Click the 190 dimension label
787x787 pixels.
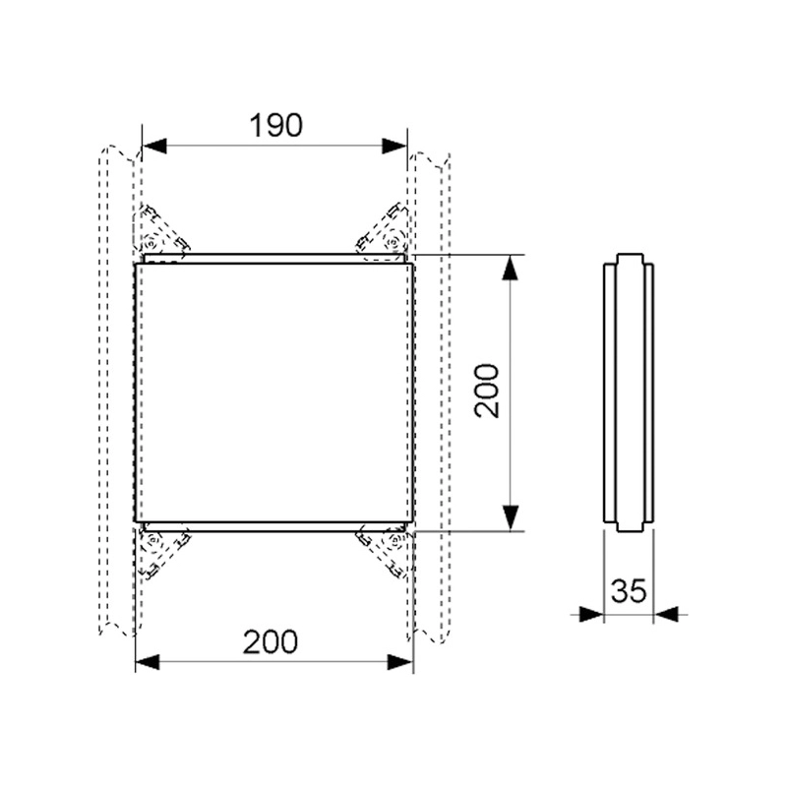(276, 126)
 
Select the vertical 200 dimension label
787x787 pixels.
(487, 391)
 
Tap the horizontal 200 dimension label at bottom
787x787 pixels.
(270, 642)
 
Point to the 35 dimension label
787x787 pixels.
(629, 591)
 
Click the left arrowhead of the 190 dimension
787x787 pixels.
(154, 146)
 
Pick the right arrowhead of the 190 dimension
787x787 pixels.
(394, 146)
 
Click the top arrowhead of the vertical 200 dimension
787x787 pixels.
(511, 267)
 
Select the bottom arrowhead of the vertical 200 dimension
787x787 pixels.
(511, 518)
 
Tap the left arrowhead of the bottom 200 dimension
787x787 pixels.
(148, 662)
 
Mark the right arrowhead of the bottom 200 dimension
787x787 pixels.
(400, 662)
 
